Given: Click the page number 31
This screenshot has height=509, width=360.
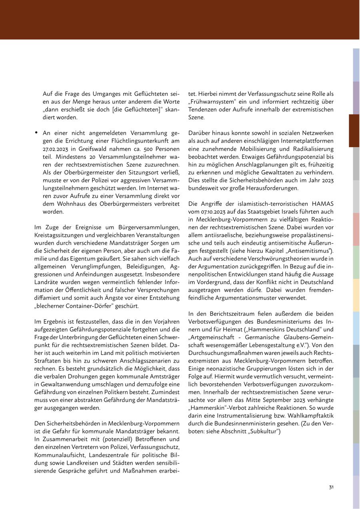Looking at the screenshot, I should coord(331,487).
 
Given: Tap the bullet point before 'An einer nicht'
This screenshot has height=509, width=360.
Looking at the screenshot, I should coord(36,132).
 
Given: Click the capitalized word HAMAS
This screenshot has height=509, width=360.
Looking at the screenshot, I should coord(322,204).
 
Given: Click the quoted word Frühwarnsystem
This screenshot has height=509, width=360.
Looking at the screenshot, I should coord(212,101).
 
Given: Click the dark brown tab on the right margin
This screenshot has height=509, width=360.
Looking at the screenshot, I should coord(354,130).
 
